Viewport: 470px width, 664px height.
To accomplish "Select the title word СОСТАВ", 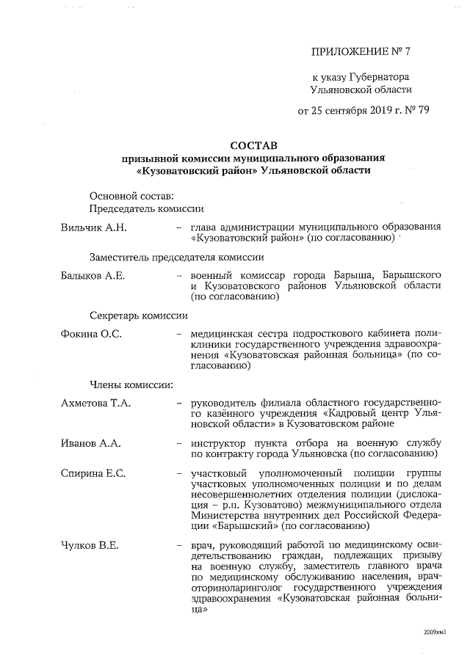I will point(247,145).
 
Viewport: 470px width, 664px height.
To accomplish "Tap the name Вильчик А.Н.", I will point(93,227).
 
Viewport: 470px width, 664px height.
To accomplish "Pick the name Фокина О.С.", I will point(91,334).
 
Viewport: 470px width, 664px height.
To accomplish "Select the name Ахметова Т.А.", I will point(97,403).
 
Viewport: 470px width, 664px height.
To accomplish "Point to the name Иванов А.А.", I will point(90,443).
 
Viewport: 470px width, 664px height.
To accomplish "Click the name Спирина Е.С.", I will point(93,473).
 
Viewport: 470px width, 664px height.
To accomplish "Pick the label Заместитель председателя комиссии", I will point(176,257).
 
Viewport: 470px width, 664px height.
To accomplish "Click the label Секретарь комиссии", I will point(139,315).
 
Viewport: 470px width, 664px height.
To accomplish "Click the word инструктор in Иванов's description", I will point(220,443).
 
